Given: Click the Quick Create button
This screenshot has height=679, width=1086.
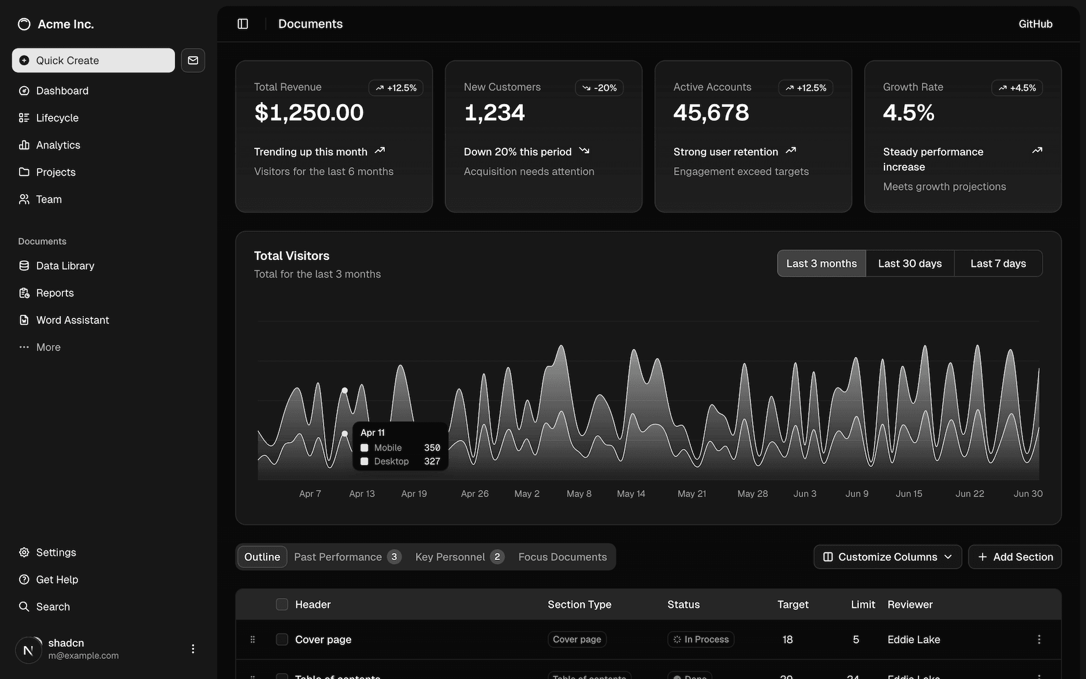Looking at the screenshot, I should point(93,60).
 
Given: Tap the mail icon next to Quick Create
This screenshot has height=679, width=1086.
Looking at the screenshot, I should point(193,60).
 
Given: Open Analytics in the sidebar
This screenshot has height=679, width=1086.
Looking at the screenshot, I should point(58,145).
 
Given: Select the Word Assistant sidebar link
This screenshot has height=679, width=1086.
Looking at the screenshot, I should point(72,320).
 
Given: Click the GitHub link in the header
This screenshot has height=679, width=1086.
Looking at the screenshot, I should point(1035,24).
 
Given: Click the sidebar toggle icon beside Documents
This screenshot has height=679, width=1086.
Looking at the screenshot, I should point(243,24).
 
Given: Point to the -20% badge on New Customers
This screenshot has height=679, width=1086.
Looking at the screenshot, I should point(600,88).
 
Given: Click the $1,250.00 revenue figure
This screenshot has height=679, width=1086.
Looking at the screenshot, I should point(309,112).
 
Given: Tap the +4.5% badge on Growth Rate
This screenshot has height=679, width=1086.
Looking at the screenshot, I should point(1017,88).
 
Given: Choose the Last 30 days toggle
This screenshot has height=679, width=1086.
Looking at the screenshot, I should point(910,264).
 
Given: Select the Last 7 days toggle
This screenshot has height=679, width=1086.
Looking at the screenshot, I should point(998,264).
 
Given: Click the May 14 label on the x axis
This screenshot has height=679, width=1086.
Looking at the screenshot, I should point(631,494).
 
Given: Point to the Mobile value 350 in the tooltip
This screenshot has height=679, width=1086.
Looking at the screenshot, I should point(432,448).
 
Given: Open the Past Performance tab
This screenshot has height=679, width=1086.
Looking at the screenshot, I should point(338,557).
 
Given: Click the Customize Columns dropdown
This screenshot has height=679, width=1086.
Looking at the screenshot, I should point(887,557).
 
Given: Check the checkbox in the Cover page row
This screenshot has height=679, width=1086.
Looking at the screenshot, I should point(282,639).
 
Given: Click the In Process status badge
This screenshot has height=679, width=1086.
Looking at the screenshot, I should point(701,639).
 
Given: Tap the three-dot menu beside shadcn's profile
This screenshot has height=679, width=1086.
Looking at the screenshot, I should point(193,649).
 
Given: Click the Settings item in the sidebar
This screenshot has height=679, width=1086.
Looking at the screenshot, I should point(55,552).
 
